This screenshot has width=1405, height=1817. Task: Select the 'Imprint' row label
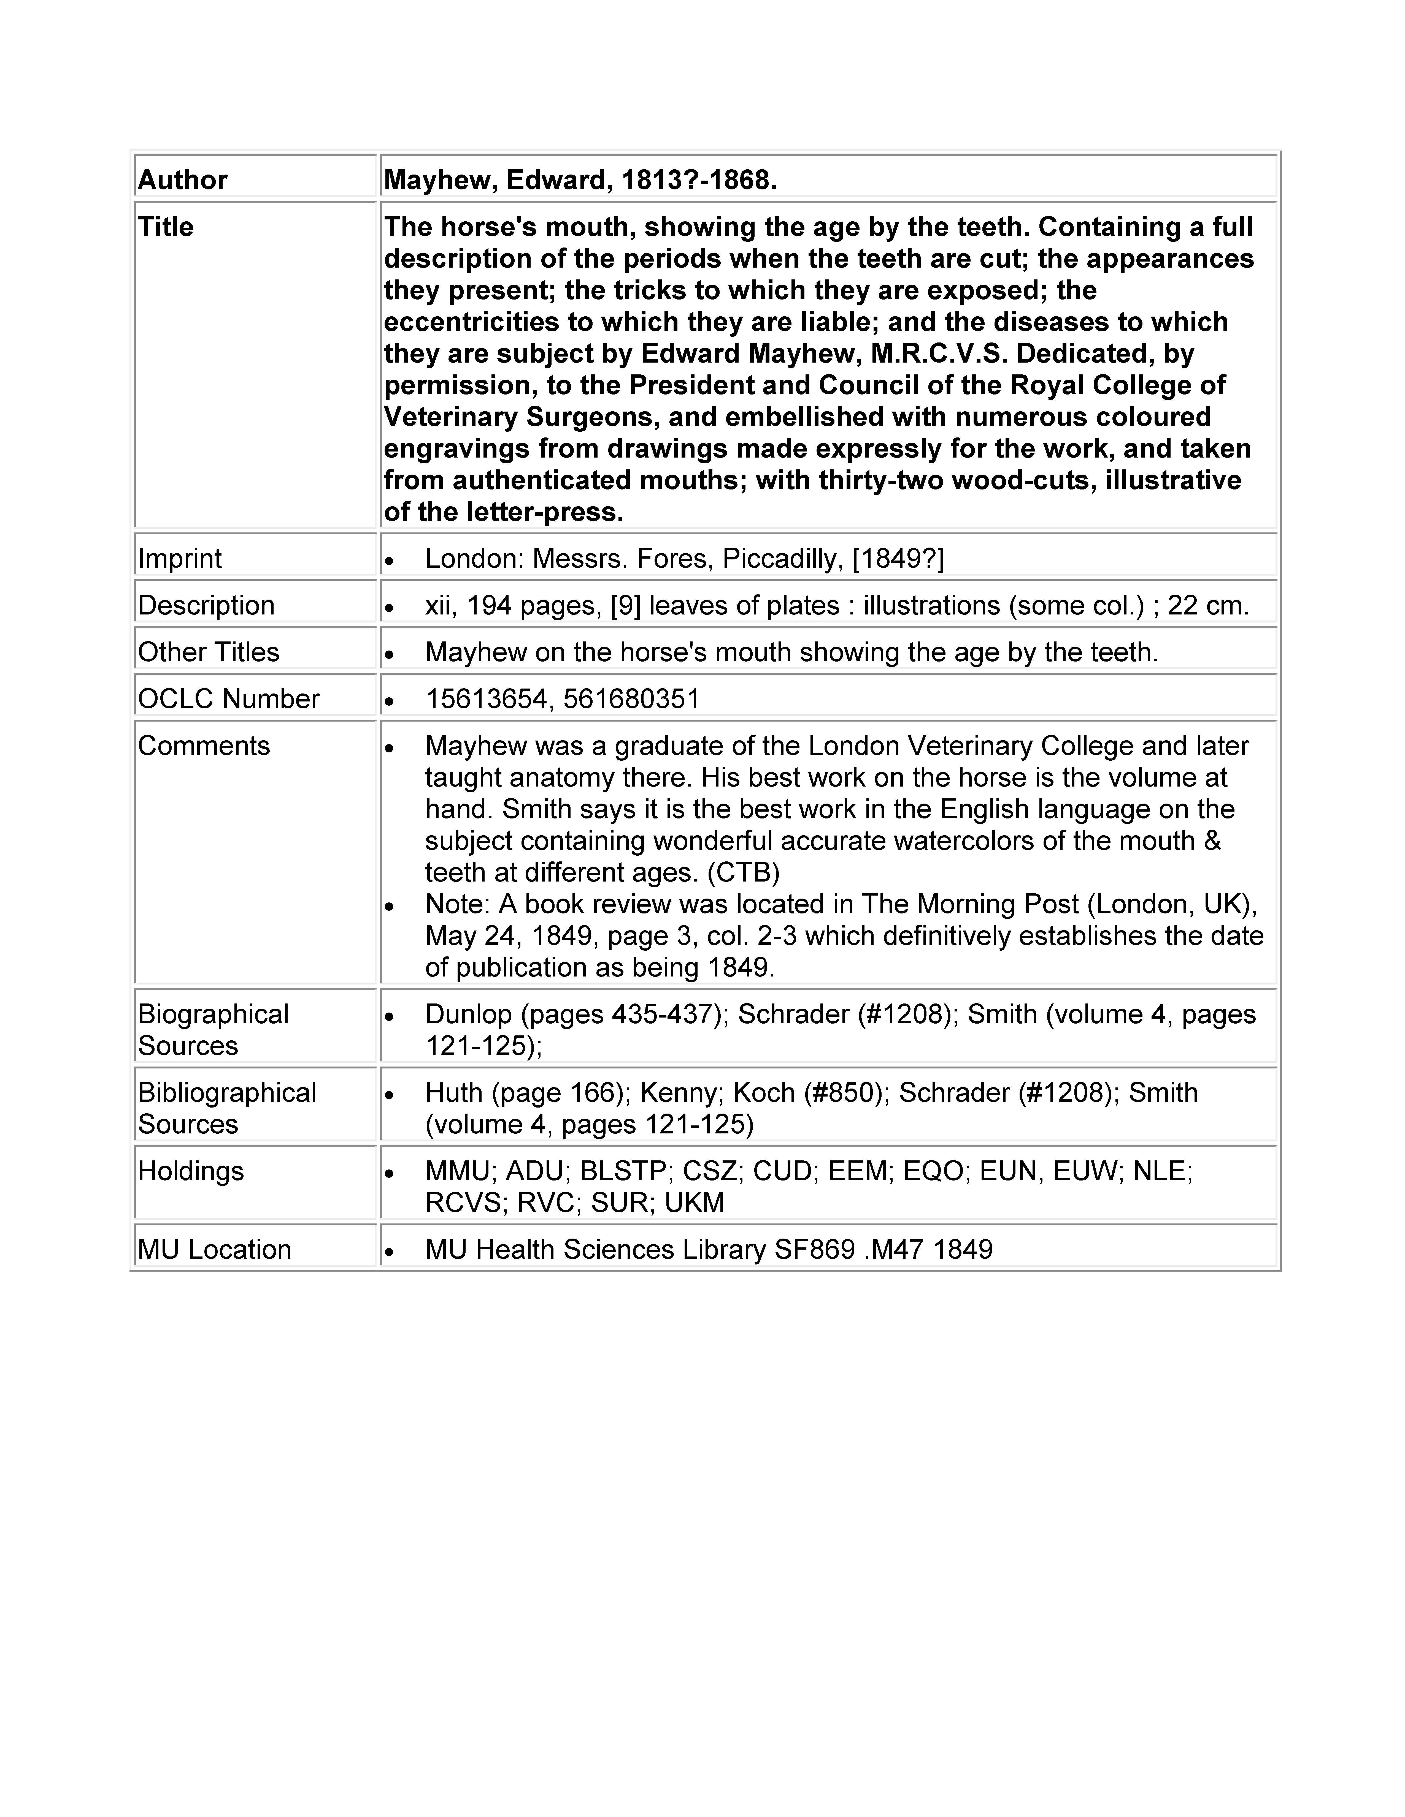point(180,558)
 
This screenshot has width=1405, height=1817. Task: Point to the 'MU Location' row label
point(215,1250)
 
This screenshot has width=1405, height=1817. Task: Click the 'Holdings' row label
point(191,1171)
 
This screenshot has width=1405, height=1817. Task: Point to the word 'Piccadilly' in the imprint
point(782,558)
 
